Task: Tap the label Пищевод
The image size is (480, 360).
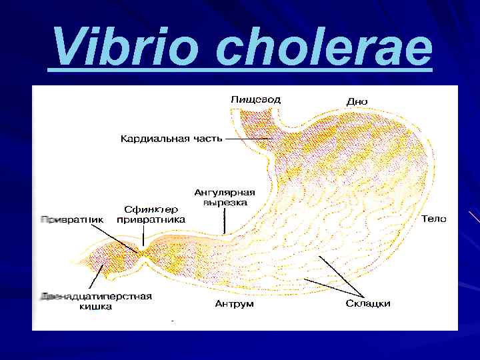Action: tap(255, 99)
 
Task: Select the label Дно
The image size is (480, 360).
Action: tap(357, 101)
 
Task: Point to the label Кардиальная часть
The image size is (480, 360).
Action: tap(171, 139)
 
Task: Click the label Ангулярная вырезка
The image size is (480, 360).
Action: tap(225, 197)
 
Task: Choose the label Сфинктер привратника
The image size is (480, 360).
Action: tap(151, 214)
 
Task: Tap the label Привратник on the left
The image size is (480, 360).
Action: tap(72, 219)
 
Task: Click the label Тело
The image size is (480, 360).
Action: tap(434, 219)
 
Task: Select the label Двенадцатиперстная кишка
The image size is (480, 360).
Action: tap(96, 301)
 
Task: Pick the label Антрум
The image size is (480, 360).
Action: tap(234, 304)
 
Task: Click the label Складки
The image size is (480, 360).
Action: tap(368, 304)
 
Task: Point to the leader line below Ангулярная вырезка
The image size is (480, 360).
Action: tap(225, 220)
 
